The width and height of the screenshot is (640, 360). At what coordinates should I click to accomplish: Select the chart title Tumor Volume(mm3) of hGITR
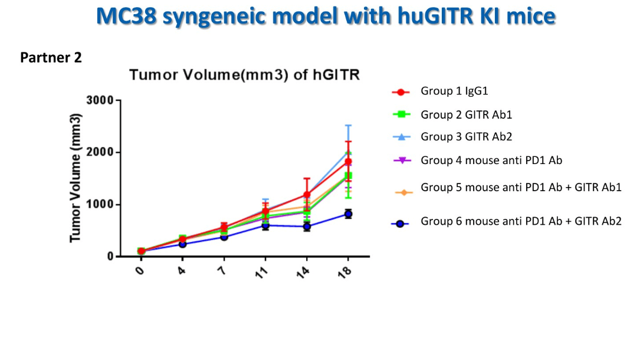pyautogui.click(x=244, y=75)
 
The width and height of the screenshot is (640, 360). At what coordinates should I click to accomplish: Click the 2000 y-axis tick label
pyautogui.click(x=100, y=152)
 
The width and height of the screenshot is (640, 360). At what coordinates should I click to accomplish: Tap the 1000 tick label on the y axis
pyautogui.click(x=100, y=205)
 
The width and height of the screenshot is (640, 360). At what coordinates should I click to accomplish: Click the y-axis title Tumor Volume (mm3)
pyautogui.click(x=76, y=177)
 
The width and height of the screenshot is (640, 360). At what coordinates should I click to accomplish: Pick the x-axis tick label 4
pyautogui.click(x=181, y=271)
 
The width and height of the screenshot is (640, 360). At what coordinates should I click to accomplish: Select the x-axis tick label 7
pyautogui.click(x=223, y=271)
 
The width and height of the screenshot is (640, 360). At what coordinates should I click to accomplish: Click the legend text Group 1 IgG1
pyautogui.click(x=454, y=91)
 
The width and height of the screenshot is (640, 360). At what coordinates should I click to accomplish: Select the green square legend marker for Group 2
pyautogui.click(x=401, y=114)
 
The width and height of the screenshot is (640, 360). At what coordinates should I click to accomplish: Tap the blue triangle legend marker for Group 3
pyautogui.click(x=401, y=137)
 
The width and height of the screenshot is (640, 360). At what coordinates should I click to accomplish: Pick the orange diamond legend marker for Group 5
pyautogui.click(x=401, y=192)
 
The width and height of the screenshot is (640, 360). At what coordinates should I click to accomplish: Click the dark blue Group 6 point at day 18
pyautogui.click(x=348, y=214)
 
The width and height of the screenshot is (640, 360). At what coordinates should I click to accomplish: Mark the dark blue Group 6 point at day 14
pyautogui.click(x=307, y=227)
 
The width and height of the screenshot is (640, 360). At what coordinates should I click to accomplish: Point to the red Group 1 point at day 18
pyautogui.click(x=348, y=161)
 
